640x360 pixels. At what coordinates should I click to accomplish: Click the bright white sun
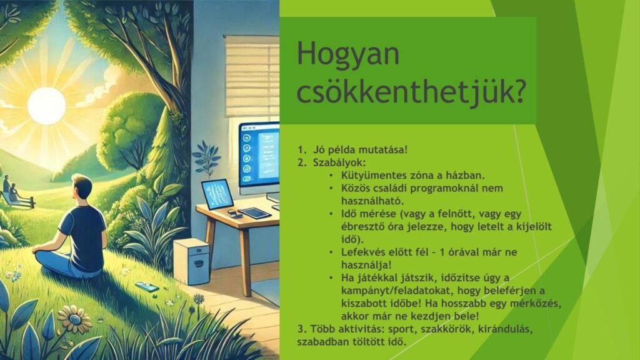click(x=46, y=106)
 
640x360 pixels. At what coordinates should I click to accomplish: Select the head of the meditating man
click(x=82, y=187)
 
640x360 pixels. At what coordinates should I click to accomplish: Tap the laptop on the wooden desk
click(x=217, y=194)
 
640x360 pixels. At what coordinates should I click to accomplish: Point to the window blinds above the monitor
click(x=251, y=76)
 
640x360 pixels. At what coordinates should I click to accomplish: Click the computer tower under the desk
click(x=192, y=261)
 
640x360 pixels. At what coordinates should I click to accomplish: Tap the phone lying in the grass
click(x=147, y=286)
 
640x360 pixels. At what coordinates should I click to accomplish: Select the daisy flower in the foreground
click(x=75, y=319)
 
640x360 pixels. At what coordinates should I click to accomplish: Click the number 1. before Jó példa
click(x=302, y=149)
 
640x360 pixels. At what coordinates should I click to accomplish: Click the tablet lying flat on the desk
click(x=254, y=213)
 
